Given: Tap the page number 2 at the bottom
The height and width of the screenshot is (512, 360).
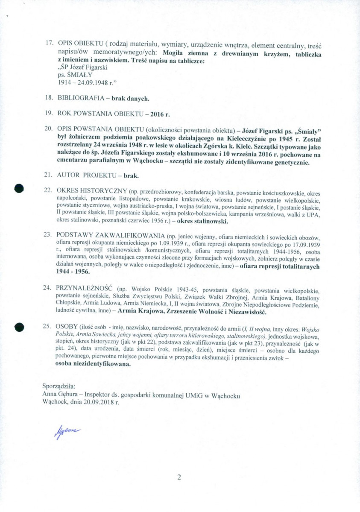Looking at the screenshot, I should [179, 477].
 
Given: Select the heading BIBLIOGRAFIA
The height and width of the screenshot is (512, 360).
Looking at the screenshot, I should [81, 98].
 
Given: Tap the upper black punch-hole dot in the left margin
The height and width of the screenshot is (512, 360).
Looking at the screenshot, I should [18, 188].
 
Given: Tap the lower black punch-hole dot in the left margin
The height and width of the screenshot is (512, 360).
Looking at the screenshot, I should [18, 327].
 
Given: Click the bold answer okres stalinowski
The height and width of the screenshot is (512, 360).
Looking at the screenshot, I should [203, 222].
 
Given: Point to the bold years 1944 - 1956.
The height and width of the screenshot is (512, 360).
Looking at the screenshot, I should [73, 272].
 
